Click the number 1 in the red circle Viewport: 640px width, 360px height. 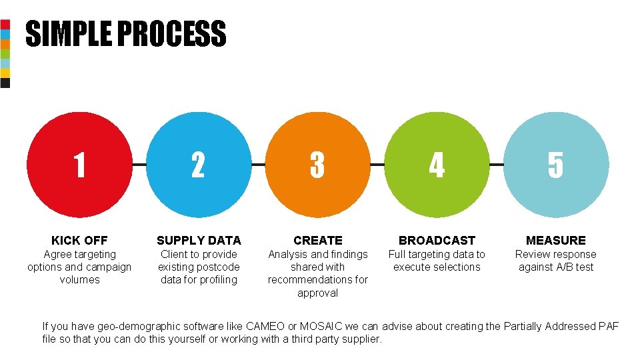click(79, 165)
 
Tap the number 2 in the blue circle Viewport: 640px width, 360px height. click(198, 165)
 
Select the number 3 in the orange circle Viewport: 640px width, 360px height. click(317, 165)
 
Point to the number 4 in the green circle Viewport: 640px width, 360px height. click(437, 165)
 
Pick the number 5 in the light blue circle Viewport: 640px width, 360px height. click(555, 165)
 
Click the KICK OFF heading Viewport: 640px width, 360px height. click(79, 241)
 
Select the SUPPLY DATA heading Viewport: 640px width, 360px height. click(199, 241)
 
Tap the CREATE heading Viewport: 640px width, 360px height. click(318, 241)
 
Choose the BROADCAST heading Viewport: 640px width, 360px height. click(437, 241)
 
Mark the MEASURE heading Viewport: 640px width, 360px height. click(555, 241)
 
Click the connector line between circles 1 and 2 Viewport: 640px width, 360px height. click(139, 164)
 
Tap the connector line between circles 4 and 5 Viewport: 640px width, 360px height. click(497, 164)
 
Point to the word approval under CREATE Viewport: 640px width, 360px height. click(318, 293)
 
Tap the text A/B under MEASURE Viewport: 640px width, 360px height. click(561, 267)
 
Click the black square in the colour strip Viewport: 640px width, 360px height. click(5, 83)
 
